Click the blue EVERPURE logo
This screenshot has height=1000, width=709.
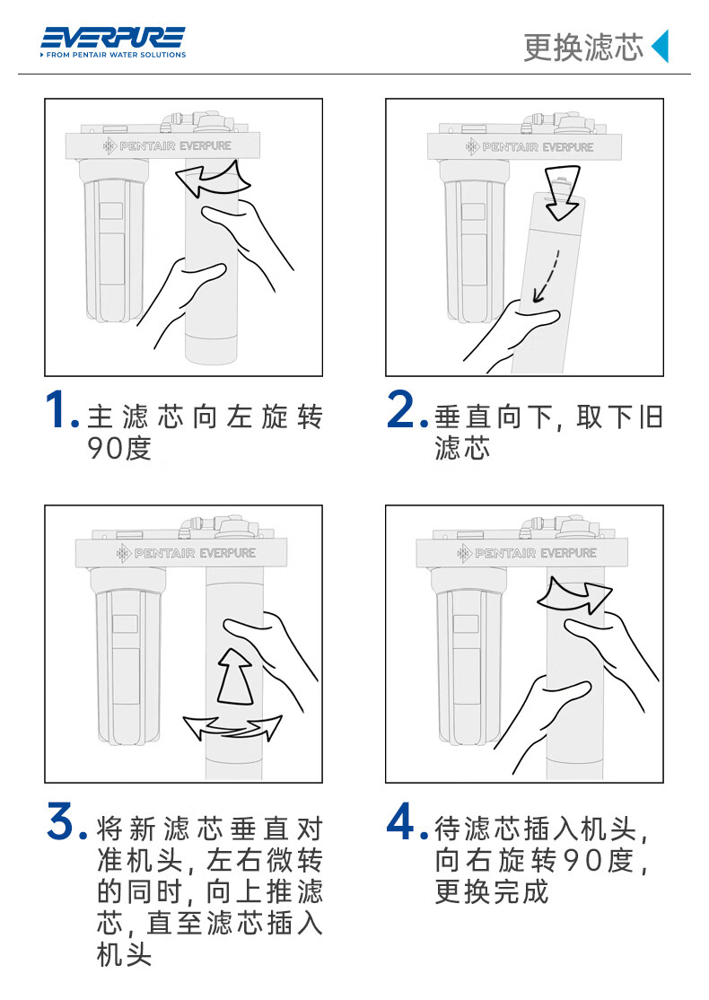pos(113,38)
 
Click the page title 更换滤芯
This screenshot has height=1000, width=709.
pos(583,48)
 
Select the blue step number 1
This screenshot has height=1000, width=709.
pos(62,409)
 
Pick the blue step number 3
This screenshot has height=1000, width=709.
pos(67,821)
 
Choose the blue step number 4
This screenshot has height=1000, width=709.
pos(407,821)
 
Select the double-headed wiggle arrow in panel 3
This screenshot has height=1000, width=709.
pos(232,728)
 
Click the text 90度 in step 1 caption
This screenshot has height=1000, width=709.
pos(119,448)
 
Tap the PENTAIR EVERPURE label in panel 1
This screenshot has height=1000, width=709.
pos(167,146)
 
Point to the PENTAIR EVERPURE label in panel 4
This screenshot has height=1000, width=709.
pos(528,553)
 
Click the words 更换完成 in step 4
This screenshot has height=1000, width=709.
pos(492,891)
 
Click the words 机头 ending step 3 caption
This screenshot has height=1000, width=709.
pos(125,955)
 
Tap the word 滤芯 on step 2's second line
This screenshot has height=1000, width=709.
pos(463,448)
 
